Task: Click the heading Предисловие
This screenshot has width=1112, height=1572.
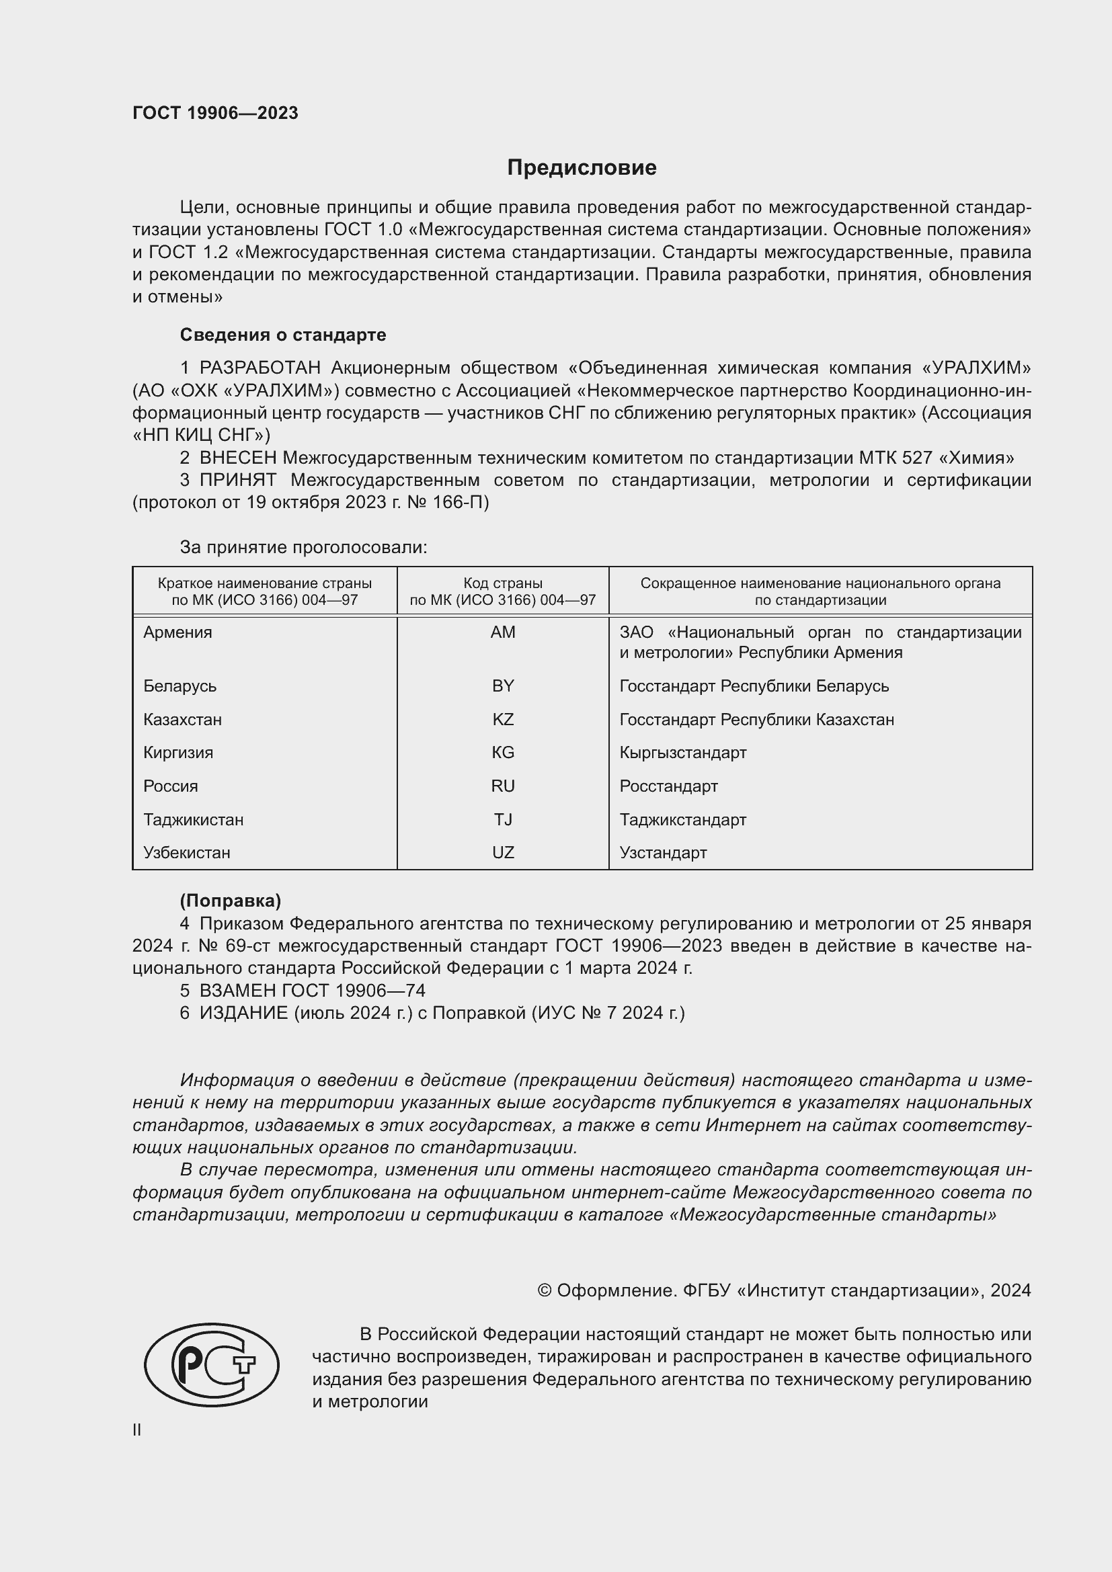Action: tap(582, 168)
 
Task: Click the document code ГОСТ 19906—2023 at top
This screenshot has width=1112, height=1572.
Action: tap(215, 113)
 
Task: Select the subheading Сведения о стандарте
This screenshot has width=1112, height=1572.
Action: tap(283, 335)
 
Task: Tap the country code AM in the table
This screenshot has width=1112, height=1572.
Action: tap(503, 632)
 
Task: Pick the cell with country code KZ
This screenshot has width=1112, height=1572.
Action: tap(503, 720)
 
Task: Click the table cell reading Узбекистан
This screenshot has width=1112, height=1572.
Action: tap(186, 852)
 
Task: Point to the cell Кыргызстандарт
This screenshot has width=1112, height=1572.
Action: tap(682, 753)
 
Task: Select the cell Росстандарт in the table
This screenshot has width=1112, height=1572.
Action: tap(668, 786)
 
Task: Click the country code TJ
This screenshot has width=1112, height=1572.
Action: tap(503, 819)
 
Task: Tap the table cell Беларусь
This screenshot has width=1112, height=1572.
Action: tap(180, 686)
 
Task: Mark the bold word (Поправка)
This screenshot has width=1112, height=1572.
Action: tap(230, 901)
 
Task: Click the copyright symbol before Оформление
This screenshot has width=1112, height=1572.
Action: tap(545, 1290)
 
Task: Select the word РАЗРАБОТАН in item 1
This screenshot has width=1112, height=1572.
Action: tap(260, 368)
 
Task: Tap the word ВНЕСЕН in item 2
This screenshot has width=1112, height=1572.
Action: tap(238, 458)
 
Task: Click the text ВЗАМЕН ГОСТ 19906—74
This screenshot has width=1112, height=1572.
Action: tap(312, 991)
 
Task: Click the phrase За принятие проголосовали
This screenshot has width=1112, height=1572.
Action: tap(303, 547)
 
